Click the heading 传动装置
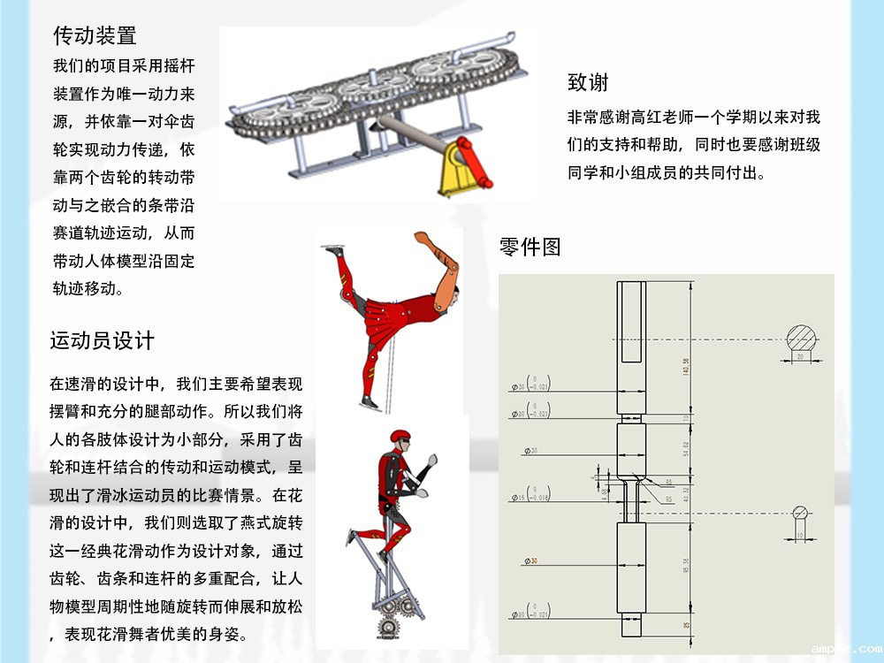[x=95, y=36]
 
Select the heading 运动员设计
[x=103, y=340]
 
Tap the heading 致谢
[x=588, y=83]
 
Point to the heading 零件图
[x=530, y=247]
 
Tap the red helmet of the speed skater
[x=400, y=438]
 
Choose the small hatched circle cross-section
[x=801, y=513]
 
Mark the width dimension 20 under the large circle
[x=800, y=357]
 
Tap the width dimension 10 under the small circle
[x=800, y=535]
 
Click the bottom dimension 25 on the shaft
[x=686, y=624]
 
